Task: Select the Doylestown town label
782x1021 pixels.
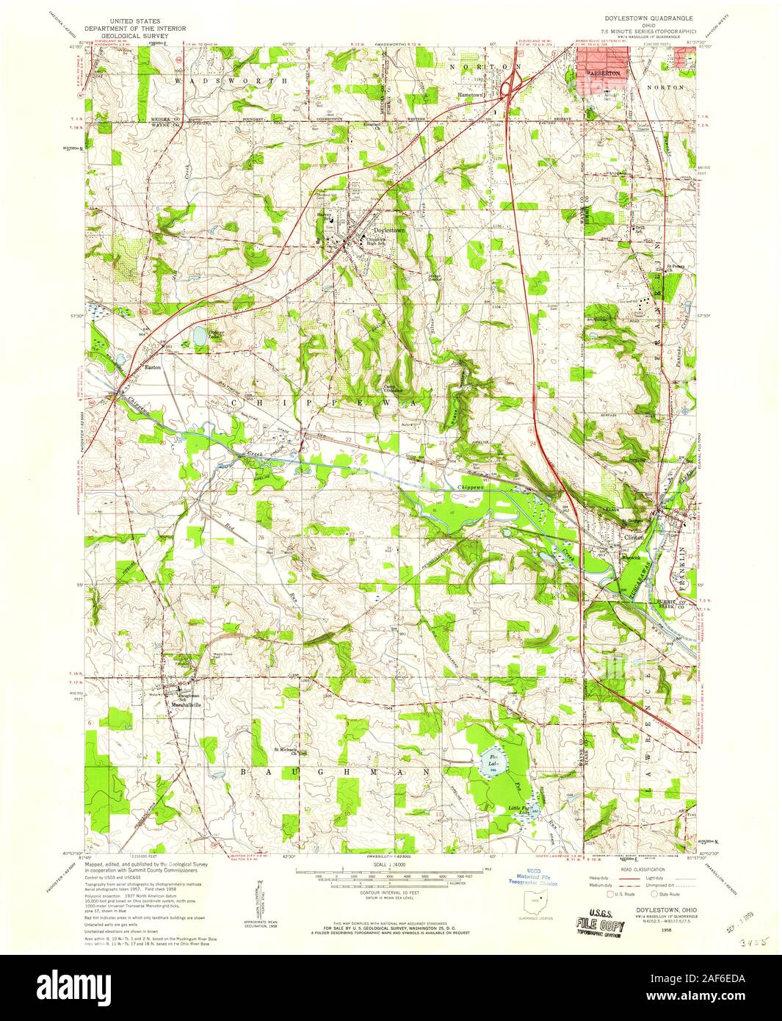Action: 388,230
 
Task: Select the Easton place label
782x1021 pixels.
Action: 152,367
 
